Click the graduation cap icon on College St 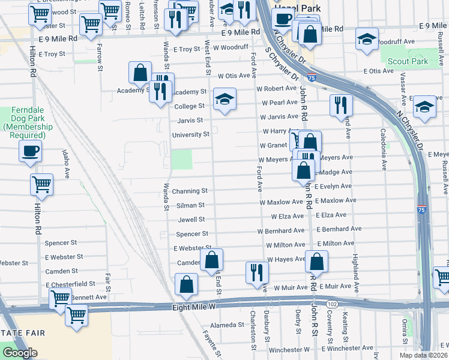[x=224, y=99]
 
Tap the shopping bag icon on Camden [x=211, y=260]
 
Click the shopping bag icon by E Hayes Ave [x=316, y=262]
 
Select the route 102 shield [x=332, y=305]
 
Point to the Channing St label [x=189, y=191]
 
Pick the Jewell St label [x=191, y=220]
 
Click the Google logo [x=20, y=353]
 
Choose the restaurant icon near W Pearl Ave [x=340, y=105]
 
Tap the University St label [x=190, y=134]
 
